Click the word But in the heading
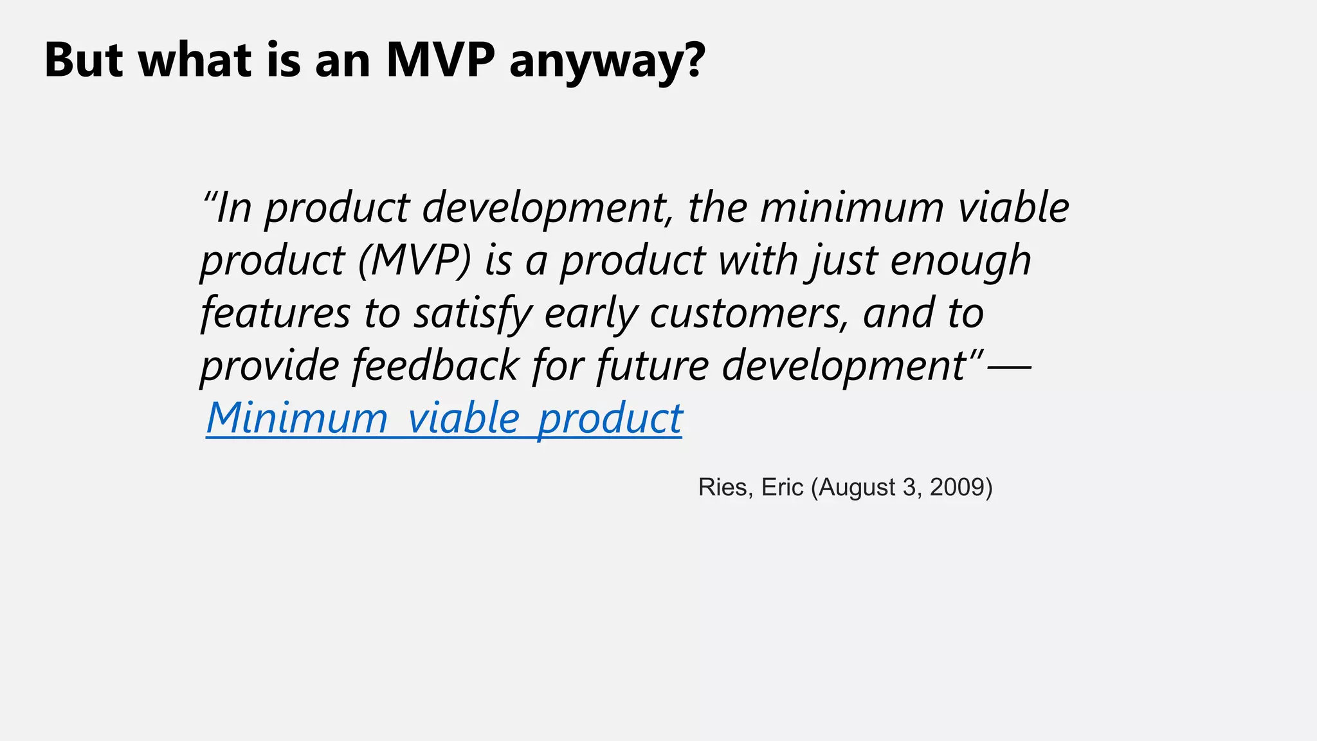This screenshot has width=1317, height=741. point(84,60)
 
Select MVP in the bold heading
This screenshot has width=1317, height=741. point(441,60)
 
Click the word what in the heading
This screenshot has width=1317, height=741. point(195,60)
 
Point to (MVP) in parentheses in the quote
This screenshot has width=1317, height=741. point(415,261)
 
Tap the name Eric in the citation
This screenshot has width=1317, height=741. point(782,488)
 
